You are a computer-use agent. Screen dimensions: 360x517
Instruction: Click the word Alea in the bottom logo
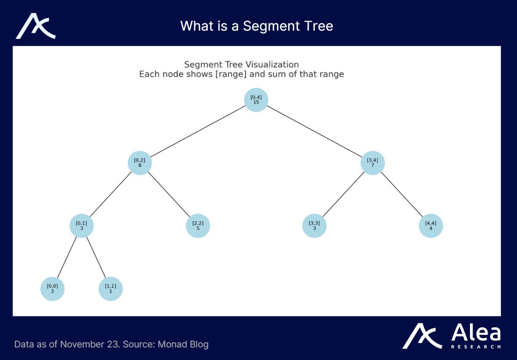point(476,333)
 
